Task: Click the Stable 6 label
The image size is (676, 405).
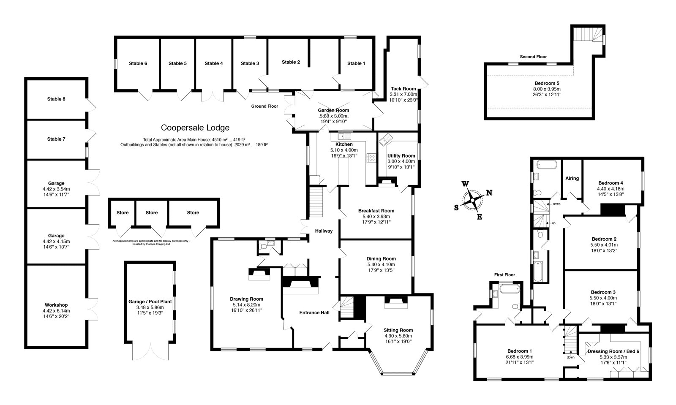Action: click(138, 63)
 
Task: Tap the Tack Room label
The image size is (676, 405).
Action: click(403, 89)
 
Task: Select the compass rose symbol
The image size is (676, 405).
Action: click(472, 200)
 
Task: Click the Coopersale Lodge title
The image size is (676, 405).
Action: click(195, 128)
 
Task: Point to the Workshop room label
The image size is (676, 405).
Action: click(56, 305)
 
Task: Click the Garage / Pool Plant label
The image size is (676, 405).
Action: click(150, 302)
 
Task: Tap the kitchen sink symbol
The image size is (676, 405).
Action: click(345, 136)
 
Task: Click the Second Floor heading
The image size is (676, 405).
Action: click(533, 57)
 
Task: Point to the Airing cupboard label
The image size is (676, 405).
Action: click(572, 178)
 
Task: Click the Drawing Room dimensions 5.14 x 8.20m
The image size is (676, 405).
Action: click(246, 304)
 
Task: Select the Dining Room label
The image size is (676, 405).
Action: click(381, 258)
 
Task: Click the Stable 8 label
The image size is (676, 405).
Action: click(56, 99)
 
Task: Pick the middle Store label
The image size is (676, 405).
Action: click(151, 212)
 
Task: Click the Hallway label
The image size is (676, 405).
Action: click(324, 231)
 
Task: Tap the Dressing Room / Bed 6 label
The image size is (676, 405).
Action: click(613, 351)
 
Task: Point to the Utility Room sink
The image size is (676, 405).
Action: click(385, 140)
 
